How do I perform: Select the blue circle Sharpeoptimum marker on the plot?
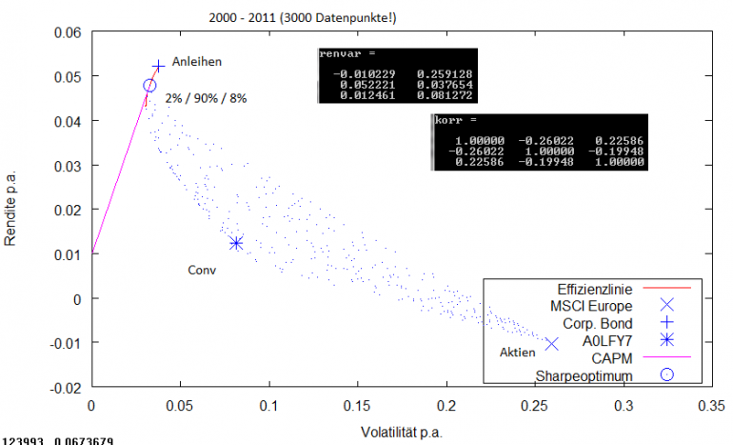tap(149, 86)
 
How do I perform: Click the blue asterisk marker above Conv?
tap(236, 243)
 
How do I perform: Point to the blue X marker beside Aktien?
tap(551, 343)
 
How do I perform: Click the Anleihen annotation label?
tap(197, 62)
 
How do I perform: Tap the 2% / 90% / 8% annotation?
tap(206, 98)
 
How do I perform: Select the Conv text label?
tap(202, 270)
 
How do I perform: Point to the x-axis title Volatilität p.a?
tap(402, 430)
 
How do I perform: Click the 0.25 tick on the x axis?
tap(535, 404)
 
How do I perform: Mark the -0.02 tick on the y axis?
tap(69, 388)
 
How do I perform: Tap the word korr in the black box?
tap(447, 121)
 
